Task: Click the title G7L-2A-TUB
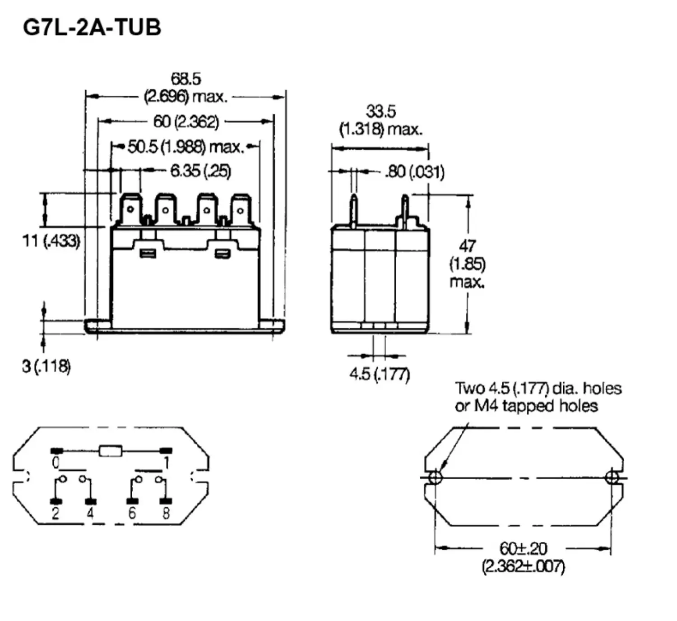[x=92, y=28]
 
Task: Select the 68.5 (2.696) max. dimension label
[x=186, y=88]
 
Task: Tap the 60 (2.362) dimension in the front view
[x=186, y=122]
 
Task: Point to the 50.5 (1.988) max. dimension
[x=186, y=147]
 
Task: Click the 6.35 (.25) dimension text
[x=201, y=171]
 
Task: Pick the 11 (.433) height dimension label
[x=51, y=241]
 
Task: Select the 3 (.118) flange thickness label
[x=46, y=366]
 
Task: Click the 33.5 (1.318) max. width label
[x=381, y=121]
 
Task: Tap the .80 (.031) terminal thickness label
[x=415, y=172]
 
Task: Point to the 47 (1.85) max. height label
[x=468, y=264]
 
